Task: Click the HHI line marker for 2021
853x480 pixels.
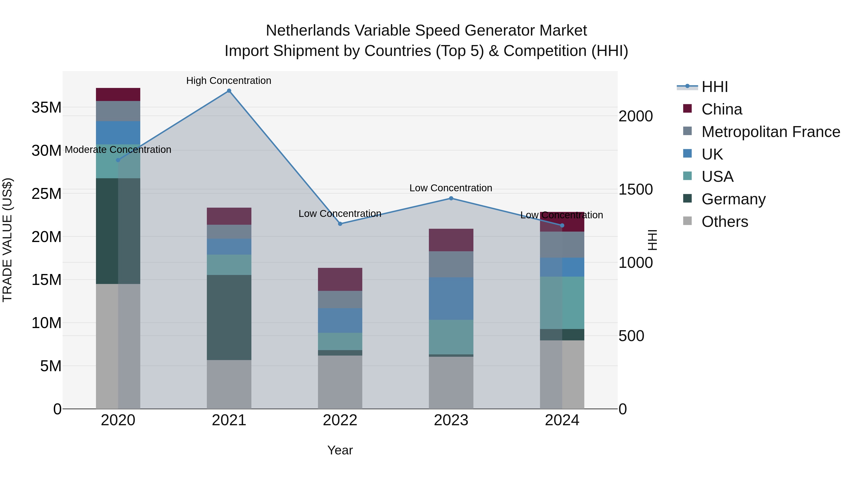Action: (229, 91)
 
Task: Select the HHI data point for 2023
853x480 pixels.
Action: (451, 198)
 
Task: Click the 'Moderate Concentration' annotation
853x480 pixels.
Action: (118, 150)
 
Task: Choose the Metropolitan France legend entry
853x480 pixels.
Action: (771, 132)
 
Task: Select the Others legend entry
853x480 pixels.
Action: (725, 222)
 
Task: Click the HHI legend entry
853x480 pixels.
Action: (715, 87)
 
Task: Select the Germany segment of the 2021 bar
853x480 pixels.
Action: (229, 317)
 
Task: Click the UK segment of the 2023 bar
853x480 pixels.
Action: (451, 298)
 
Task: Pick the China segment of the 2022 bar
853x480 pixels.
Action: (340, 279)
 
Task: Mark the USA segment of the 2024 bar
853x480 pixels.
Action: (562, 302)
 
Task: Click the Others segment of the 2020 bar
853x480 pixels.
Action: (118, 346)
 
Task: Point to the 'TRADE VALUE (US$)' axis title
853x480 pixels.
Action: (7, 240)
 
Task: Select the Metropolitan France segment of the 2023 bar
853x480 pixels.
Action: (451, 264)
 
